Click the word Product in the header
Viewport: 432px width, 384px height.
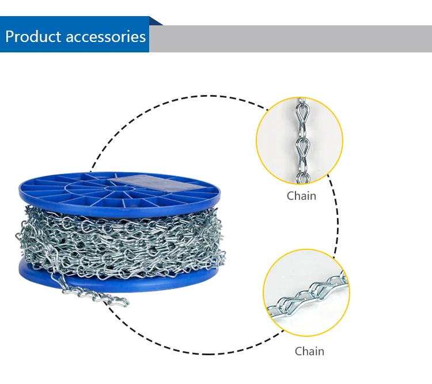pyautogui.click(x=33, y=37)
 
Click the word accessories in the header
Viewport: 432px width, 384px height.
pyautogui.click(x=106, y=37)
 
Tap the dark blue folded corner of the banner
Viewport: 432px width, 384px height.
pyautogui.click(x=156, y=21)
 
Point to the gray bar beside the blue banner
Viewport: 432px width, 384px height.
pyautogui.click(x=288, y=39)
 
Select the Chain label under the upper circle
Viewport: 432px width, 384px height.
pyautogui.click(x=301, y=196)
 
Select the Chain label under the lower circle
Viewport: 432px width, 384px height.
pyautogui.click(x=309, y=351)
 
